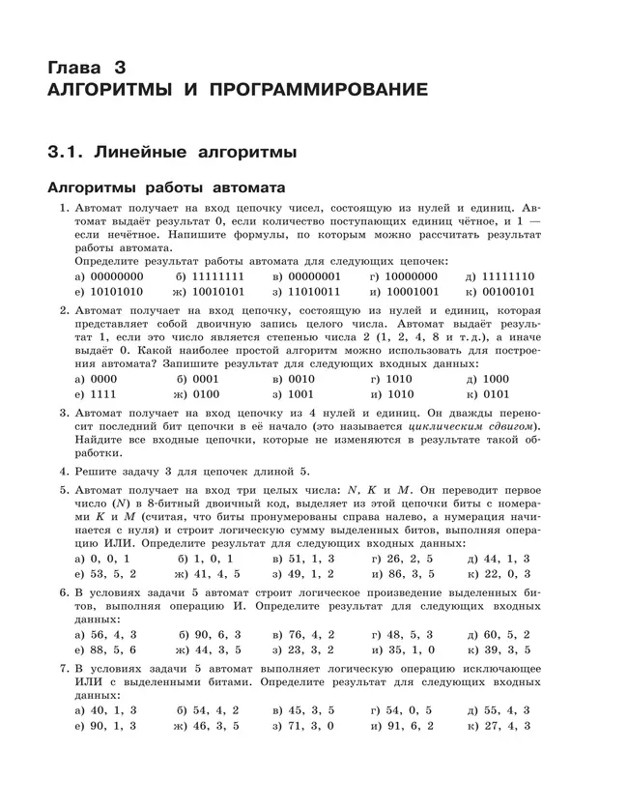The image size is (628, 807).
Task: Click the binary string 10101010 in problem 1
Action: [108, 290]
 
